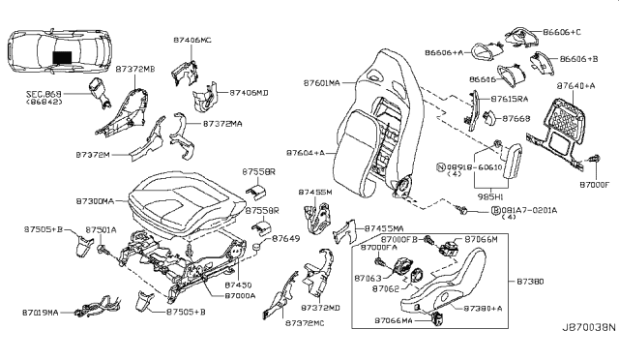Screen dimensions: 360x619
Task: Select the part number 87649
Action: click(x=285, y=237)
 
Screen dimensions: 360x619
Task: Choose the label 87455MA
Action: click(x=386, y=227)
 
